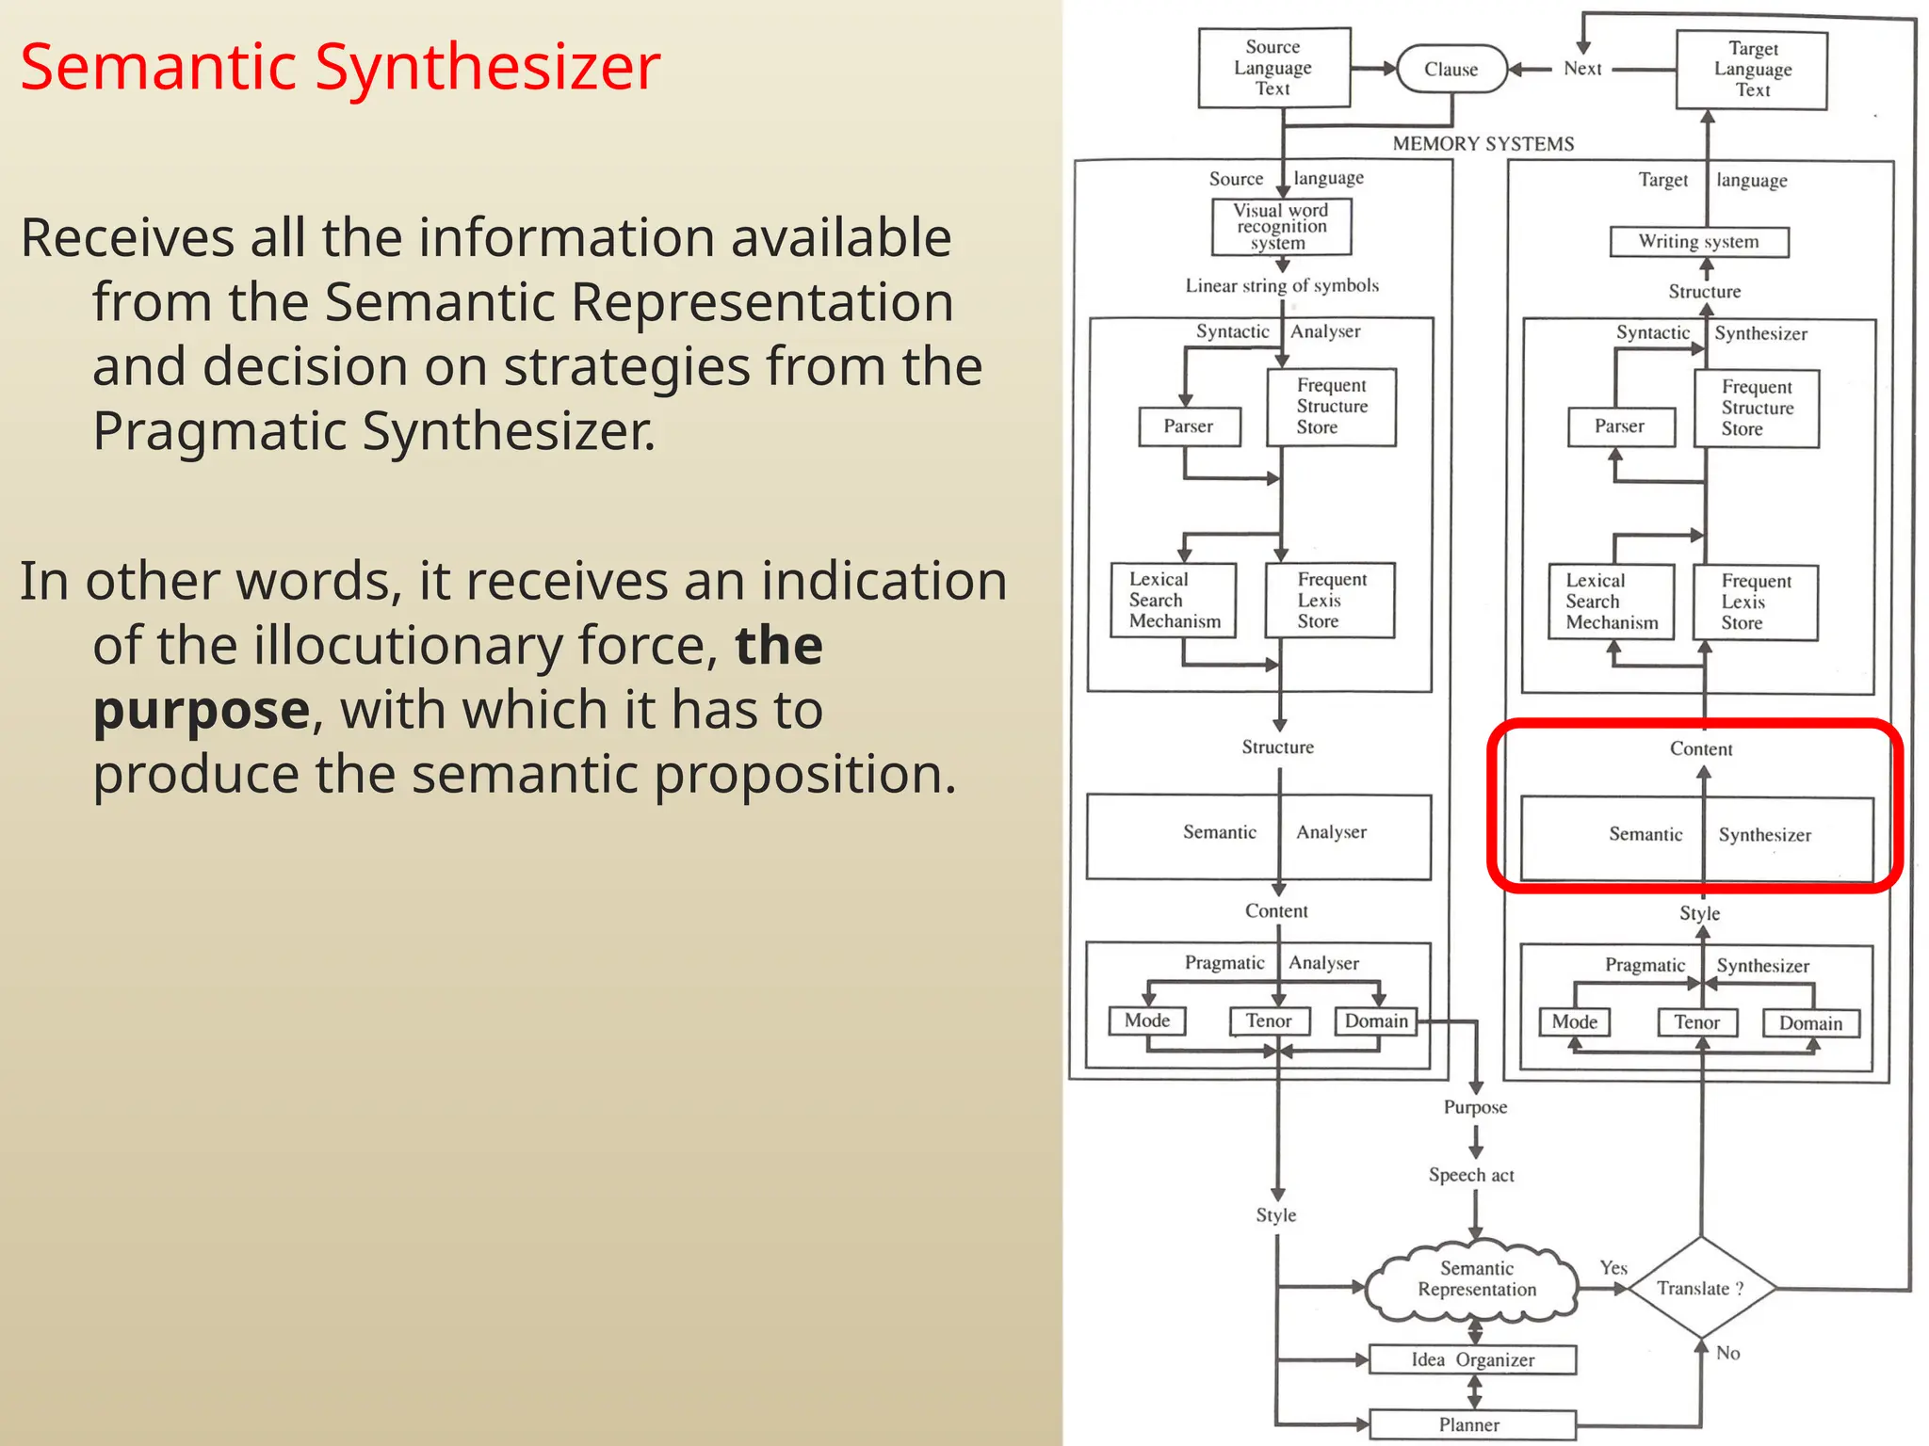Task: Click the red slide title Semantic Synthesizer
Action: pyautogui.click(x=340, y=68)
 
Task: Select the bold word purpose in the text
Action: pyautogui.click(x=202, y=710)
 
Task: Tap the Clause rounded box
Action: pyautogui.click(x=1451, y=69)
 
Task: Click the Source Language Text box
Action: pyautogui.click(x=1273, y=68)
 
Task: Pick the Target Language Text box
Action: pyautogui.click(x=1752, y=70)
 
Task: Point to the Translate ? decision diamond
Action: pyautogui.click(x=1700, y=1288)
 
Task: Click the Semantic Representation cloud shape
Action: pyautogui.click(x=1475, y=1279)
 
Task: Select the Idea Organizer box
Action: pyautogui.click(x=1472, y=1359)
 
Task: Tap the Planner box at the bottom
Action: pyautogui.click(x=1471, y=1424)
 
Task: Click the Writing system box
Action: pyautogui.click(x=1698, y=242)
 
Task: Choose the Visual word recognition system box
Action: pyautogui.click(x=1281, y=227)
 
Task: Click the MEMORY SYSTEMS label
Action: pyautogui.click(x=1483, y=144)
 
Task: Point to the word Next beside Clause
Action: pyautogui.click(x=1582, y=69)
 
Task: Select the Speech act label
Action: pyautogui.click(x=1471, y=1175)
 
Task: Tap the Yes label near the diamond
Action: pyautogui.click(x=1613, y=1268)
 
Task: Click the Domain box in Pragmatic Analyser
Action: pyautogui.click(x=1376, y=1021)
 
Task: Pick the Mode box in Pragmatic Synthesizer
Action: pyautogui.click(x=1575, y=1022)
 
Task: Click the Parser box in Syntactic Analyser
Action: pyautogui.click(x=1189, y=426)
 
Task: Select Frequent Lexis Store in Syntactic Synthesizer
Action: pyautogui.click(x=1756, y=602)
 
